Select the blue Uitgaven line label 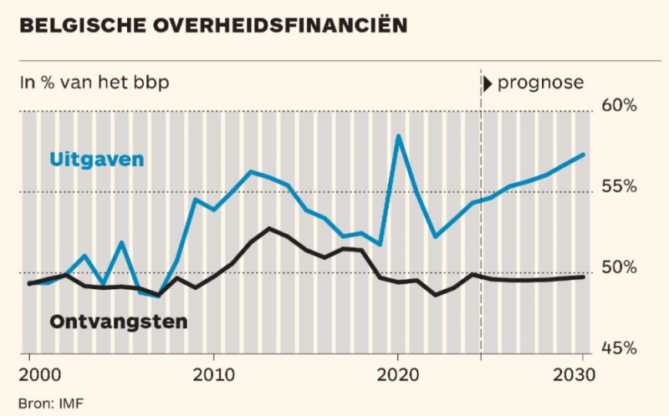97,159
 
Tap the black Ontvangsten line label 119,320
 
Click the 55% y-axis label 620,185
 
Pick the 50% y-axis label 620,267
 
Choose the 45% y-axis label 620,348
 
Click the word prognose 540,83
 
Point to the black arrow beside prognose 487,83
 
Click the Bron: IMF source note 51,403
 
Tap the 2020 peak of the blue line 399,135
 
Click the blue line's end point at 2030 583,155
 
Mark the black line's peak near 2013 269,228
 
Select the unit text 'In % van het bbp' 100,83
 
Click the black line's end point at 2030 583,276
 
